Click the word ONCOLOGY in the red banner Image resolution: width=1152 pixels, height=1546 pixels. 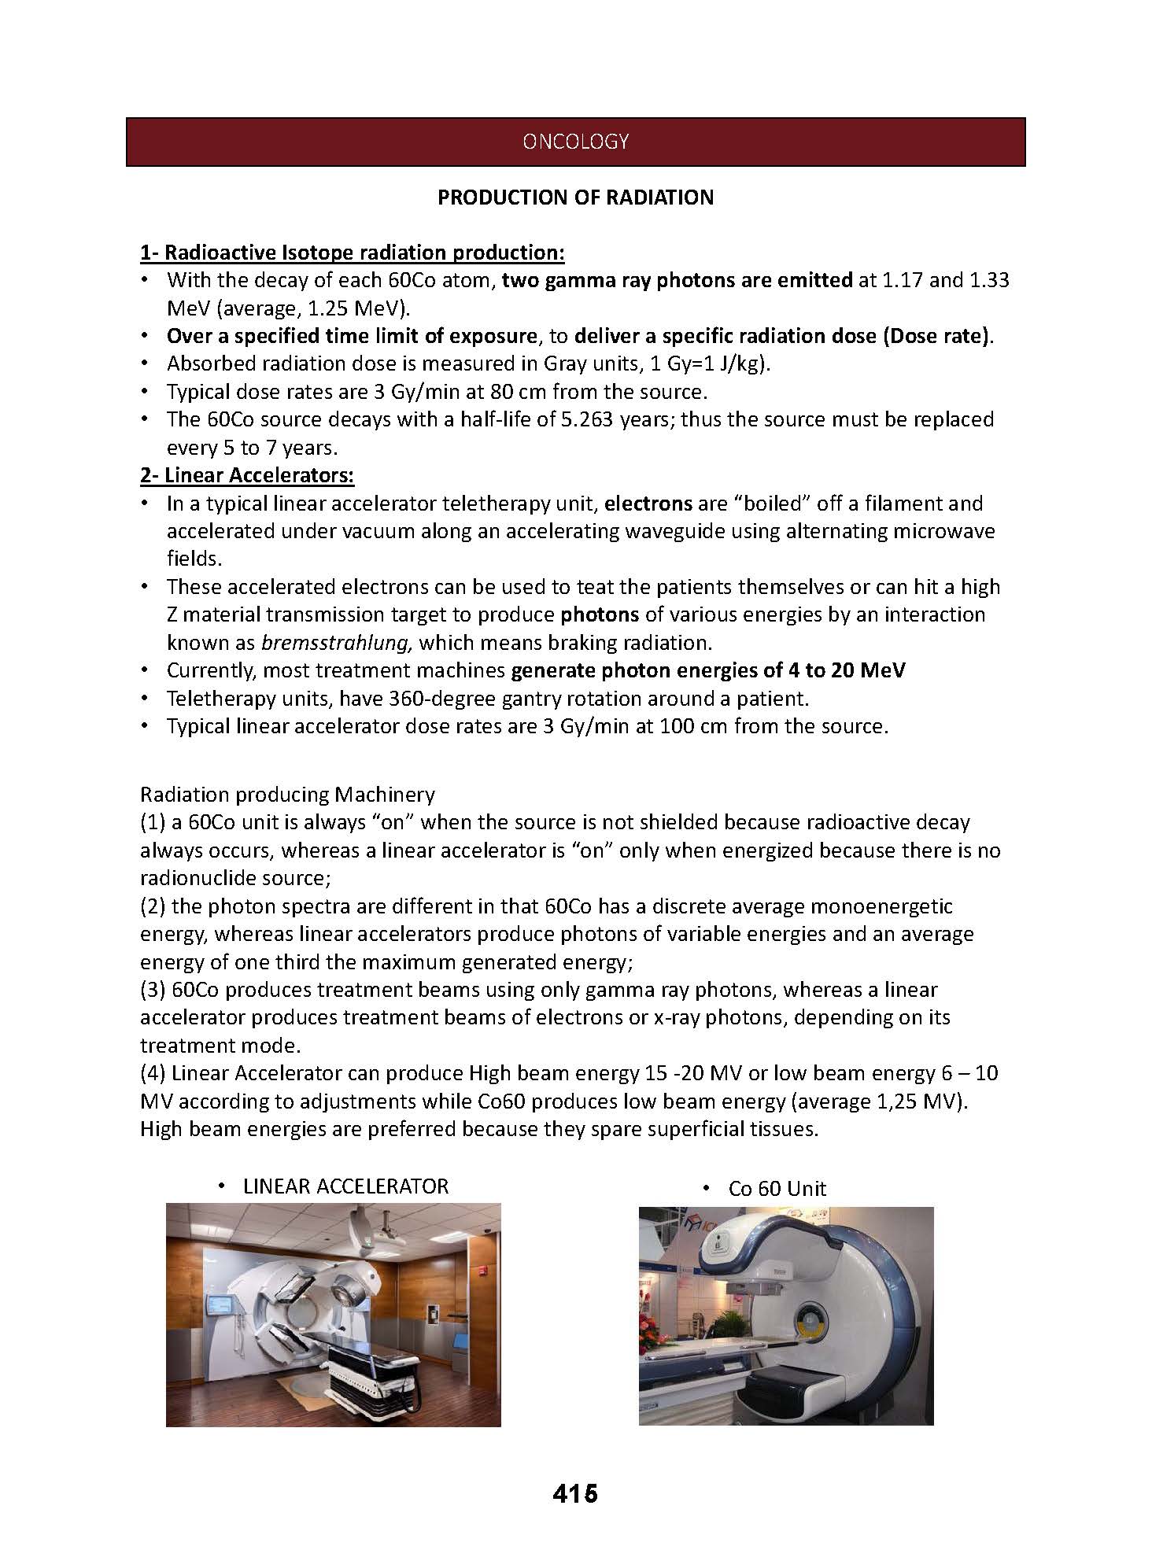(x=575, y=142)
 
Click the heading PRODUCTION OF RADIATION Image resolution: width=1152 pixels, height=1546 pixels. (x=575, y=197)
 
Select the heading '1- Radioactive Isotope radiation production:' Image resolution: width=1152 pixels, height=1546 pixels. (x=352, y=253)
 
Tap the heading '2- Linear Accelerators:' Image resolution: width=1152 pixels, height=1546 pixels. (x=246, y=475)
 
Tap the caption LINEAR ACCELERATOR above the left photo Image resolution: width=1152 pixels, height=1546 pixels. (x=345, y=1186)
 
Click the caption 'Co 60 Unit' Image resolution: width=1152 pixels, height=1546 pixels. (x=777, y=1189)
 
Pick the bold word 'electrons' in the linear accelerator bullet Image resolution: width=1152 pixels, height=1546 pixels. (x=648, y=504)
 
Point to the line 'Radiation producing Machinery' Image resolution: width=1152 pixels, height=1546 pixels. (x=287, y=795)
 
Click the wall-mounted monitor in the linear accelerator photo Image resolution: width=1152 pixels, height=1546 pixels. (x=217, y=1308)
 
